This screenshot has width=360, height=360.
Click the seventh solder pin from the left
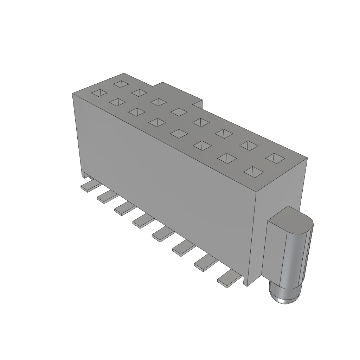coord(204,263)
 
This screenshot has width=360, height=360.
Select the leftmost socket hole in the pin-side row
coord(99,93)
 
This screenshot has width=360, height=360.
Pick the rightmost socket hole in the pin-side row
coord(253,172)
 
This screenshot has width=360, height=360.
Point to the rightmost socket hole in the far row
coord(275,158)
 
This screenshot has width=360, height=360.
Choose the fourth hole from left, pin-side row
coord(157,122)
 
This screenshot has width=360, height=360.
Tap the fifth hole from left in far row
coord(201,122)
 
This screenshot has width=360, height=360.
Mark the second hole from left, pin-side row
coord(117,102)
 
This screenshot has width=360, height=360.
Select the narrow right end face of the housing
coord(279,218)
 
